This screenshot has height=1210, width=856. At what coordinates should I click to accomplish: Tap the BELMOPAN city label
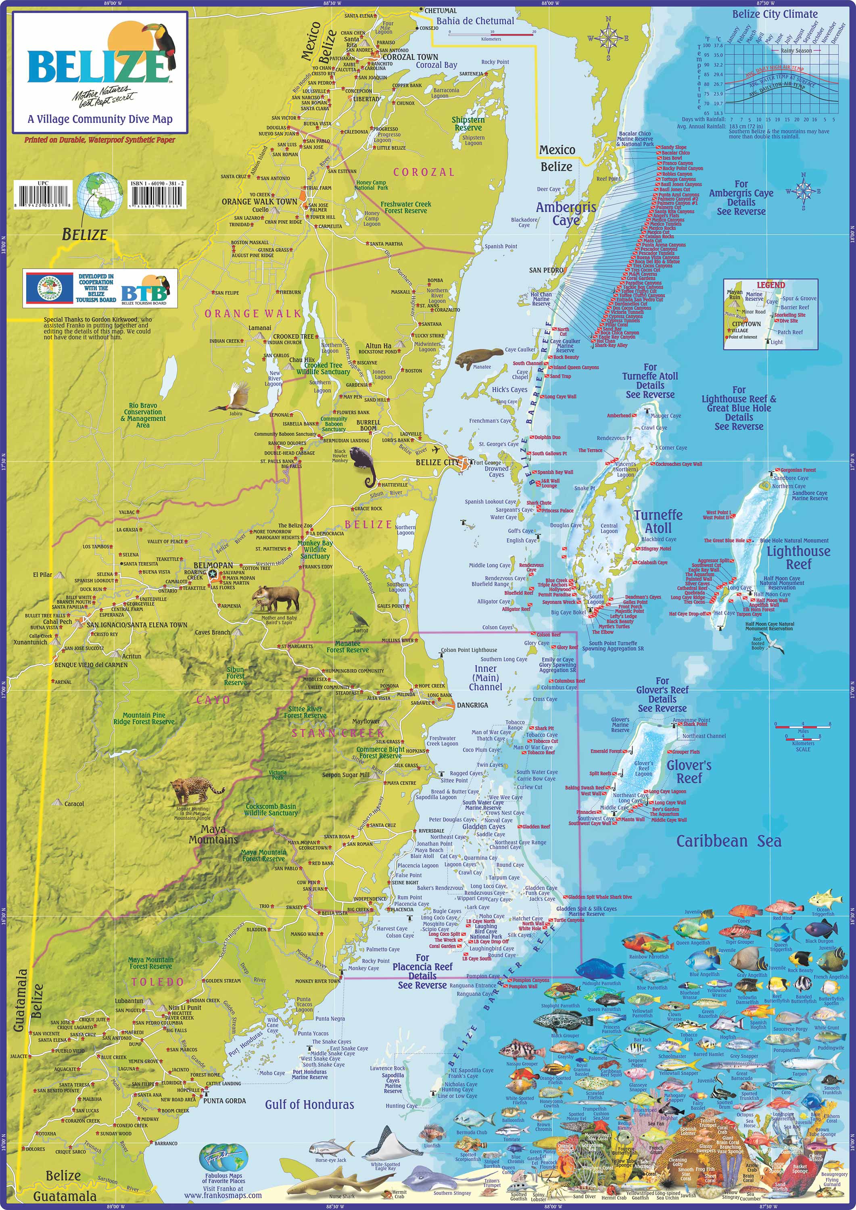[x=213, y=565]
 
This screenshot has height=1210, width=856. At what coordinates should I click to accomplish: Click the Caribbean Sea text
[x=729, y=842]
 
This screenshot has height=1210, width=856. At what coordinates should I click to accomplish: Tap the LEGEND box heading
[x=770, y=285]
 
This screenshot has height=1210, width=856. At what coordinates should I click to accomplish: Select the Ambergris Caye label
[x=566, y=213]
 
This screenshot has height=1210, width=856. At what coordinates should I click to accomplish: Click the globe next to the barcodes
[x=100, y=194]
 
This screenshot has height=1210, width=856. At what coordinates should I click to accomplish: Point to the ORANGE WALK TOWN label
[x=259, y=201]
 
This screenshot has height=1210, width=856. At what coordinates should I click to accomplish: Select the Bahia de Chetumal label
[x=475, y=21]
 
